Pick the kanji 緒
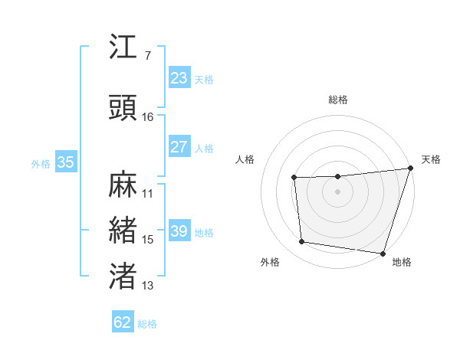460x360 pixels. (124, 229)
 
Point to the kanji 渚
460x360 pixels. (124, 276)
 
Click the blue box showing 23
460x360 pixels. (179, 78)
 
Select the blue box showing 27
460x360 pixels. (179, 147)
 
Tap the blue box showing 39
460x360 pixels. (179, 231)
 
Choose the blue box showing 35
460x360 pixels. (66, 162)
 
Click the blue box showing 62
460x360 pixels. (123, 322)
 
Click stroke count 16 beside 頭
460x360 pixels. (148, 117)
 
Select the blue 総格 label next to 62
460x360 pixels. (147, 324)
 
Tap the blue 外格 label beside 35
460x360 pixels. (41, 163)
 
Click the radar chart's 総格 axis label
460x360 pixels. (338, 100)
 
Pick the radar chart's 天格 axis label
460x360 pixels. (431, 159)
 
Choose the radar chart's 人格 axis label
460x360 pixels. (245, 159)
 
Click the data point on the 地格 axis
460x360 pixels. (383, 253)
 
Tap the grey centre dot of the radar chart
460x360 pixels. (338, 191)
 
